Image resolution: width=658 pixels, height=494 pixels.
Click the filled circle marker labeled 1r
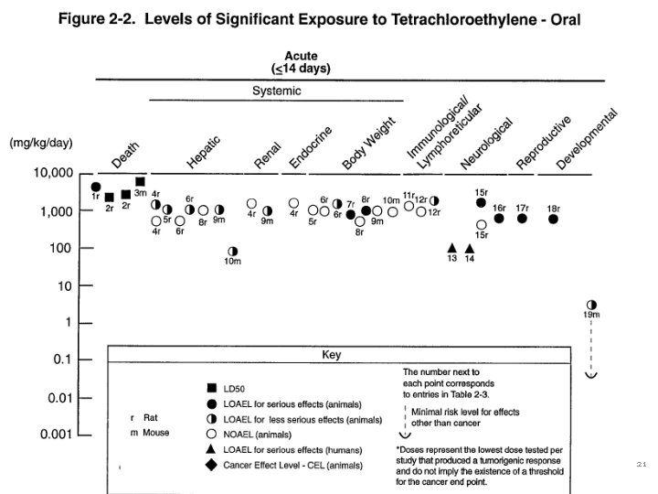96,187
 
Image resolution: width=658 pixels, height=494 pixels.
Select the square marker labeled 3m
140,182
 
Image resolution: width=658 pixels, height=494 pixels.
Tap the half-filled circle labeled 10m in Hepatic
232,250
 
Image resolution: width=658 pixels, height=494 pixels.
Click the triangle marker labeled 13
451,248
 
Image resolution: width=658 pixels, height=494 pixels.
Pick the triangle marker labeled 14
470,248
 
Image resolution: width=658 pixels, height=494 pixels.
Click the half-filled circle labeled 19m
590,304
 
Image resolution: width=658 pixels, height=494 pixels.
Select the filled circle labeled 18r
553,219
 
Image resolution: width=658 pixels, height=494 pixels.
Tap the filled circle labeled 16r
499,218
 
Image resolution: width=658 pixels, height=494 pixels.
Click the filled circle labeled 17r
522,219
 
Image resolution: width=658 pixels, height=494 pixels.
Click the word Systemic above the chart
276,91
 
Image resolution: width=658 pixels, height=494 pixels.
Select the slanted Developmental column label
587,139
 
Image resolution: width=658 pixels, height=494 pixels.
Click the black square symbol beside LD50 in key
212,388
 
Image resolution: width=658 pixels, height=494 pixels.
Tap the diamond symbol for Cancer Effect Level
212,466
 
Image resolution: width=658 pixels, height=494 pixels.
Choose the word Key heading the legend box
331,356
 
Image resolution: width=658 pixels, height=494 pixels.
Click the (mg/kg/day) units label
41,144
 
